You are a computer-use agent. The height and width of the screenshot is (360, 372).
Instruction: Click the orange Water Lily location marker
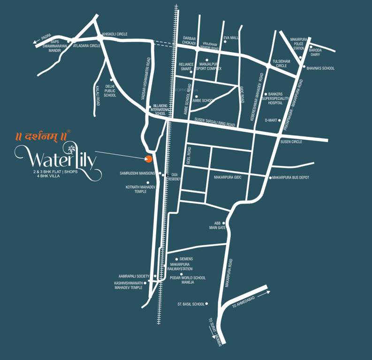tap(149, 158)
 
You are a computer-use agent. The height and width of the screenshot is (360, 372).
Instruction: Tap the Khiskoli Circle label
tap(115, 34)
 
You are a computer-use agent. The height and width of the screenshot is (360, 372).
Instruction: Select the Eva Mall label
tap(231, 37)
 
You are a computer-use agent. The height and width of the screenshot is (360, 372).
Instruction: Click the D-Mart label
tap(271, 120)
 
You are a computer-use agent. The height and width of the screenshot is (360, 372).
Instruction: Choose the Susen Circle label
tap(291, 142)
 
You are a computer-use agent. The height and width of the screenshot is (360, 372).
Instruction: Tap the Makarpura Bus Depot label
tap(290, 178)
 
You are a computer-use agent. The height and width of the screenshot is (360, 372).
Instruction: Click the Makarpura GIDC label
tap(228, 178)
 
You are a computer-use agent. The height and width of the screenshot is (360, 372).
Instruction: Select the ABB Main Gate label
tap(218, 225)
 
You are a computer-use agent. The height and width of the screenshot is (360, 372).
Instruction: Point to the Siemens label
tap(186, 259)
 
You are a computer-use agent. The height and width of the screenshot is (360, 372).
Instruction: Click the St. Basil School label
tap(191, 304)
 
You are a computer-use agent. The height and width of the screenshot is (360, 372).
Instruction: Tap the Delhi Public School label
tap(110, 91)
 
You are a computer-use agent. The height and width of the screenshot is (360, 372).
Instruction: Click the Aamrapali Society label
tap(134, 276)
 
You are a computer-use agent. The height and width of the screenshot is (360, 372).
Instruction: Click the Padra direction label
tap(46, 37)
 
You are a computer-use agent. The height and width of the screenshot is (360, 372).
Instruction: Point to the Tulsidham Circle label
tap(281, 63)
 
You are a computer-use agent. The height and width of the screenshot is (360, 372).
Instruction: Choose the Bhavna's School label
tap(321, 68)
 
